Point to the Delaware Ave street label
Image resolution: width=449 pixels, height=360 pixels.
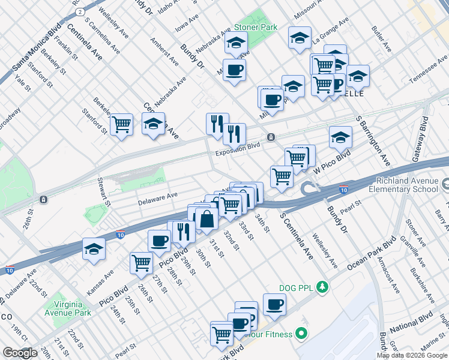point(158,195)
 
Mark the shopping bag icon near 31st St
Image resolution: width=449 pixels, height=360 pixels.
point(206,220)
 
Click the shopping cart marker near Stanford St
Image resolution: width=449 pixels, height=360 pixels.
point(122,124)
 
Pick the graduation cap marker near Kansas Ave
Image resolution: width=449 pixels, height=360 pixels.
point(94,248)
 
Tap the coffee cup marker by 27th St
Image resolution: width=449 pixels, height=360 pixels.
point(159,240)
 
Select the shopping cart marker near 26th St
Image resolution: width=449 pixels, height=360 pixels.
point(141,262)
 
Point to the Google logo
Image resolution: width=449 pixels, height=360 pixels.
point(20,353)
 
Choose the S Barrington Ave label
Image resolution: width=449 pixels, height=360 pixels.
point(373,142)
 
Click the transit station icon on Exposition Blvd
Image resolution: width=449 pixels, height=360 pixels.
point(271,137)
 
